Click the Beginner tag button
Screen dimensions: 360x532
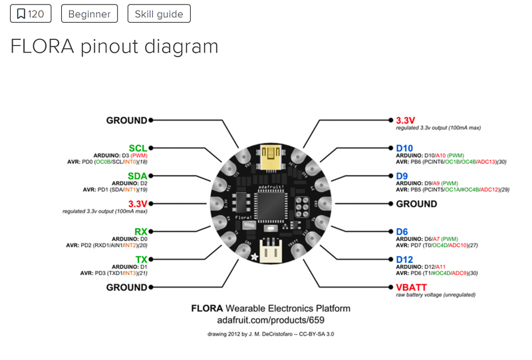point(89,13)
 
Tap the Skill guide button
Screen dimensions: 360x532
point(159,13)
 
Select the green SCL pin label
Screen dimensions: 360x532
point(138,148)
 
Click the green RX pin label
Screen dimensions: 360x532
point(140,232)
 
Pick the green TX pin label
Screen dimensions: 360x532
point(141,259)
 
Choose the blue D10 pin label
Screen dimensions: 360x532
point(405,148)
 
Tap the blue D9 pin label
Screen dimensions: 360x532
point(402,176)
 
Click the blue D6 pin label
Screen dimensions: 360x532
point(402,232)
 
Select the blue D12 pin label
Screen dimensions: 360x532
point(405,259)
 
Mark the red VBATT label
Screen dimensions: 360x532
point(412,287)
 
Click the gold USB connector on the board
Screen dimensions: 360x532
point(271,158)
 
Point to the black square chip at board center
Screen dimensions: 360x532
point(270,203)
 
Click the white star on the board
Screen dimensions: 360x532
point(253,256)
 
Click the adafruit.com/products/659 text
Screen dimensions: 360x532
point(270,320)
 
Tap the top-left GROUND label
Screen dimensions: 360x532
point(126,120)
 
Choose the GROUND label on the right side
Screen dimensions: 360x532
point(416,204)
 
